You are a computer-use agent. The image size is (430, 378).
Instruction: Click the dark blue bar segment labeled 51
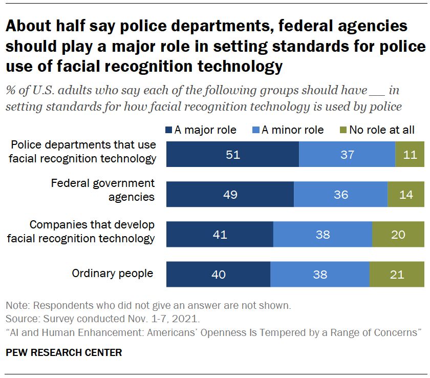(233, 154)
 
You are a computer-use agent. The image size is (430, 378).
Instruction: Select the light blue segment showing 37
(347, 154)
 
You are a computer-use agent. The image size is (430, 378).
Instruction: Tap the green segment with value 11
(410, 154)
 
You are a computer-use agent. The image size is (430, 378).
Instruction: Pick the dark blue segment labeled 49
(230, 194)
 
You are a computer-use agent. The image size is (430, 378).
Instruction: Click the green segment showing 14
(406, 194)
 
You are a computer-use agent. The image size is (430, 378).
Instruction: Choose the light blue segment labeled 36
(340, 194)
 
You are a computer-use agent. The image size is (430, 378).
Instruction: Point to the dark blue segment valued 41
(220, 235)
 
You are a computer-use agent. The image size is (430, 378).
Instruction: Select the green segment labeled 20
(398, 235)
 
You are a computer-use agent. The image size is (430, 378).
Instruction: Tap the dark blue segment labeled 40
(219, 275)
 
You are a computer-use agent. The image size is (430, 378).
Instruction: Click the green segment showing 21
(397, 275)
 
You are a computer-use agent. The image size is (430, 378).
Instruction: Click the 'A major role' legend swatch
(169, 130)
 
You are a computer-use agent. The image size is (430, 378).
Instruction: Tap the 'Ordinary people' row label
(113, 273)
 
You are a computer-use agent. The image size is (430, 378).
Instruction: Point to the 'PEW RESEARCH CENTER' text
(64, 352)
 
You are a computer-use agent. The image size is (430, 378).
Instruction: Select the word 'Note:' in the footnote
(18, 306)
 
